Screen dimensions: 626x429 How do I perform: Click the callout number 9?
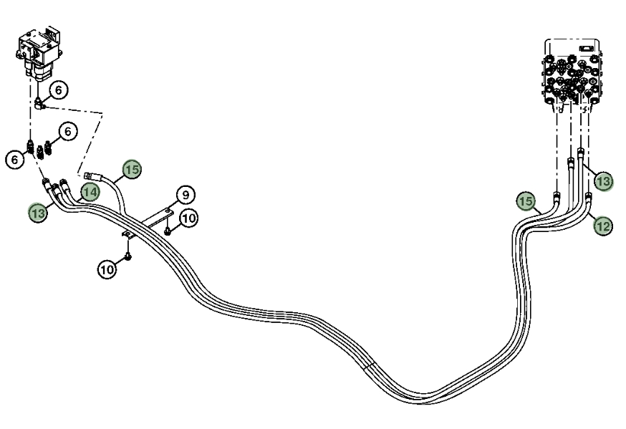click(186, 195)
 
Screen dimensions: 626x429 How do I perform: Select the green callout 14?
click(90, 193)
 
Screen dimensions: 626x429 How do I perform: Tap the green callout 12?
click(603, 226)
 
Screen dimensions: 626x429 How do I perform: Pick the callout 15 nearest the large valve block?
click(526, 201)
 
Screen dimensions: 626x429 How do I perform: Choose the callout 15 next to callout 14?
click(132, 170)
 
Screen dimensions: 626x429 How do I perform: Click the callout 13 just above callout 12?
click(603, 182)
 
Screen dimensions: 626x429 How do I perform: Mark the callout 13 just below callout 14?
click(38, 213)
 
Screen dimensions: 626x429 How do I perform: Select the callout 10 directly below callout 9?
click(188, 218)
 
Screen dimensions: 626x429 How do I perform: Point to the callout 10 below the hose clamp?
click(107, 270)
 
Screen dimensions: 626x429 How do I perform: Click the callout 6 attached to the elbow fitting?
click(59, 90)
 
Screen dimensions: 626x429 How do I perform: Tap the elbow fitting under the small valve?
click(39, 104)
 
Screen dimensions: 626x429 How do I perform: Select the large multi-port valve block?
click(572, 73)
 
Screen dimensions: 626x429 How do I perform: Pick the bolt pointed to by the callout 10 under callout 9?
click(168, 231)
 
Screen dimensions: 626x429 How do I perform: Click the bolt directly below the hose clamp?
click(127, 256)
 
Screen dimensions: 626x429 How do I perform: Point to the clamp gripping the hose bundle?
click(127, 236)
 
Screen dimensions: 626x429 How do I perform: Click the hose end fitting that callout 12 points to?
click(588, 197)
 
